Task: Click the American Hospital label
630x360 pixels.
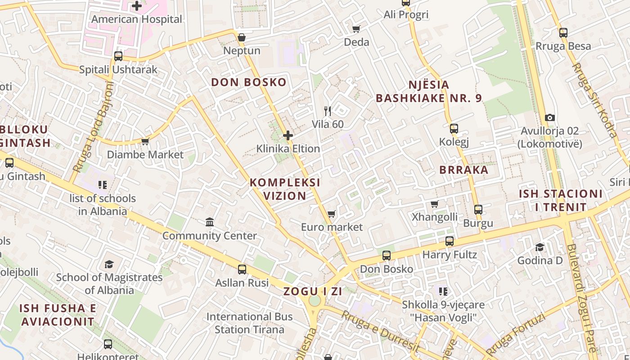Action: [x=137, y=19]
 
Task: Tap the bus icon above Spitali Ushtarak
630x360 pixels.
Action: [x=118, y=56]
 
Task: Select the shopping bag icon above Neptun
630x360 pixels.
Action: [x=242, y=37]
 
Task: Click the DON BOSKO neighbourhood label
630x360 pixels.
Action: [x=249, y=82]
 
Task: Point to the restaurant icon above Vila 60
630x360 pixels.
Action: [x=328, y=111]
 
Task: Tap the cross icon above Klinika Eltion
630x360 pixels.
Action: [x=288, y=135]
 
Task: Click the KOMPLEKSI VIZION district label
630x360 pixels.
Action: [x=285, y=189]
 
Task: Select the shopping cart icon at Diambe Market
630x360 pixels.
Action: [x=145, y=142]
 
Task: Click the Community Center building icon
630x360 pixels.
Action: [x=210, y=222]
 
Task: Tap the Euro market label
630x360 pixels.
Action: [x=332, y=227]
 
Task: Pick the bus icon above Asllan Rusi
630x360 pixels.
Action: [x=242, y=270]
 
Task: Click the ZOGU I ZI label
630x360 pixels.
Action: [x=313, y=292]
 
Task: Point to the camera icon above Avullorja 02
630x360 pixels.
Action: [x=549, y=118]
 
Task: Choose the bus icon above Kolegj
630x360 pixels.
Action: [x=454, y=129]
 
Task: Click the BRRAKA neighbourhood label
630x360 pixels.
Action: [x=464, y=170]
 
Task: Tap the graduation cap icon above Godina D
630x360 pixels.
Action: [x=540, y=247]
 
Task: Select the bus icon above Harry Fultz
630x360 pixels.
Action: [x=450, y=241]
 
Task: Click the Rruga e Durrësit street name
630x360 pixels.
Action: [x=380, y=332]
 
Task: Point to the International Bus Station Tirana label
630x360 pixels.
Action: [x=249, y=323]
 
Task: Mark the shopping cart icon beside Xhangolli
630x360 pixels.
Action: [x=435, y=204]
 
